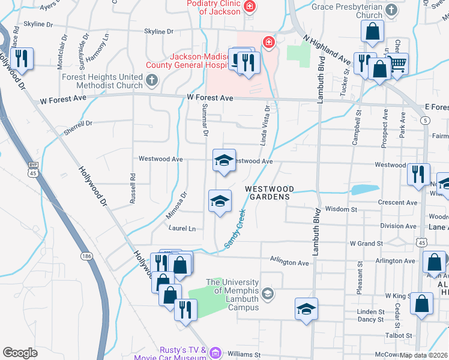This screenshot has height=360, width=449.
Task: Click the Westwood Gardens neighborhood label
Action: point(268,192)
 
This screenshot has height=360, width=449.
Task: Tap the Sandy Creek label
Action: point(235,229)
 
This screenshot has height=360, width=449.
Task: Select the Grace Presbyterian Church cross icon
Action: point(391,10)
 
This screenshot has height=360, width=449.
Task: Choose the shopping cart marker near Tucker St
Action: point(397,63)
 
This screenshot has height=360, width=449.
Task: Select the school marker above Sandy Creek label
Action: point(220,201)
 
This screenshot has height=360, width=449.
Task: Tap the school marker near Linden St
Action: point(306,309)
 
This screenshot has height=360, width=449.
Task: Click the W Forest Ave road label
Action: point(209,98)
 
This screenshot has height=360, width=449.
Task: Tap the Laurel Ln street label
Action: point(183,229)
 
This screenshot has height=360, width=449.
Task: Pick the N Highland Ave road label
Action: point(327,50)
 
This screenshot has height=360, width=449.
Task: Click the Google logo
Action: point(20,353)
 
